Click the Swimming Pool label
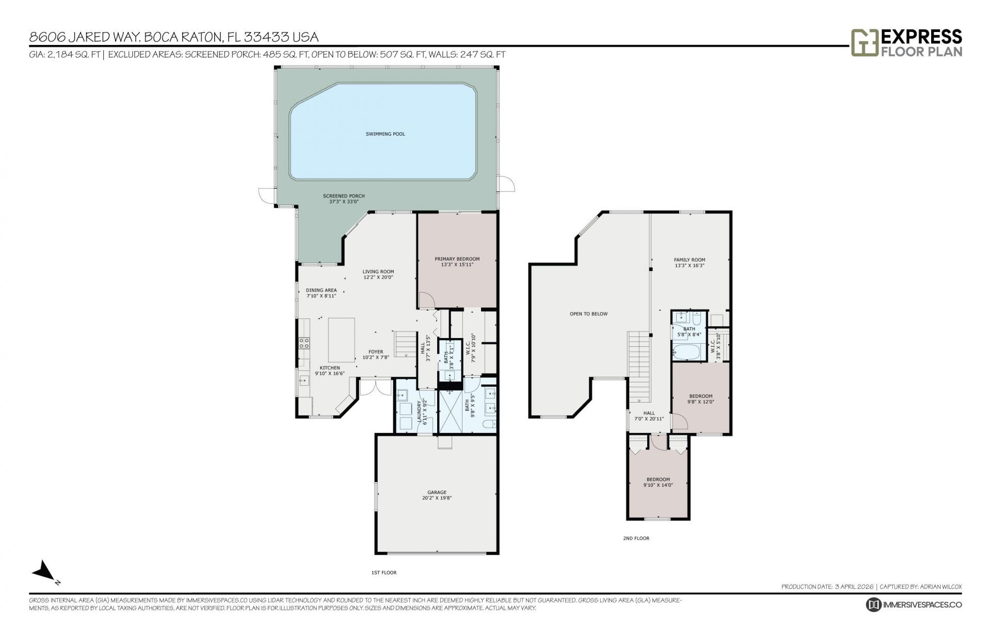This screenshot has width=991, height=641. point(385,134)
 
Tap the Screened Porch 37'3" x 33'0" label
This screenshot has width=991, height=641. point(344,199)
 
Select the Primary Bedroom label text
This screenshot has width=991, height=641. point(457,261)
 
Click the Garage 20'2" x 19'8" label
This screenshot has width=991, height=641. point(437,495)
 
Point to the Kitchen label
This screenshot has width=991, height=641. point(330,371)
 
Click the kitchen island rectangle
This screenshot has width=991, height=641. point(342,340)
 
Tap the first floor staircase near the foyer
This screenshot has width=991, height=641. point(405,344)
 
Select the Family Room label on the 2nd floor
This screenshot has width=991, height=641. point(689,262)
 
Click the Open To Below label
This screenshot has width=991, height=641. point(588,314)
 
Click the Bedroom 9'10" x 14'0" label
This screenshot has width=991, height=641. point(658,482)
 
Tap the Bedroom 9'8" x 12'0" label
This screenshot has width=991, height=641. point(700,398)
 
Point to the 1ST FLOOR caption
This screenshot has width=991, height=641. point(384,572)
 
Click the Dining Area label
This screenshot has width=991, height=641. point(321,293)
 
